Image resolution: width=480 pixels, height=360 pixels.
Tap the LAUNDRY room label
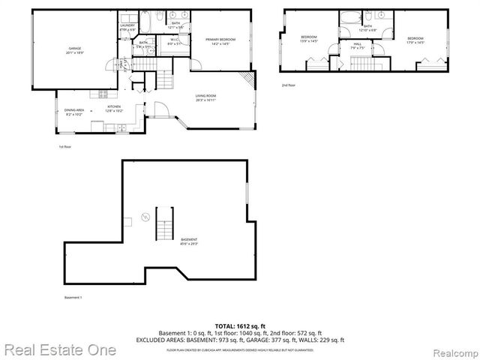127,26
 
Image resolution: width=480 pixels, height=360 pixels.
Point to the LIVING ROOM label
206,96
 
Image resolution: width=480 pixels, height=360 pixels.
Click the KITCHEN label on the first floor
114,106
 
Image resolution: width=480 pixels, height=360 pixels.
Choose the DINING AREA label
73,110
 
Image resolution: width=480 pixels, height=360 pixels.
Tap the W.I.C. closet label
173,40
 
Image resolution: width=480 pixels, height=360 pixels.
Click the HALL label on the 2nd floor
357,44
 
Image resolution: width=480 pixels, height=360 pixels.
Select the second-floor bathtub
347,18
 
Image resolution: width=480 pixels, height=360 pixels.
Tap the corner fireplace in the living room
246,80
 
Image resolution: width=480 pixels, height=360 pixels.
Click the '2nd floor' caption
289,85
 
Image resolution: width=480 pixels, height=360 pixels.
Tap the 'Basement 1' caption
73,298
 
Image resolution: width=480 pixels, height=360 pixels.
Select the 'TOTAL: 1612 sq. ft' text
240,325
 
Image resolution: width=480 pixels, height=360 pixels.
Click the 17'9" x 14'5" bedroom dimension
415,41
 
